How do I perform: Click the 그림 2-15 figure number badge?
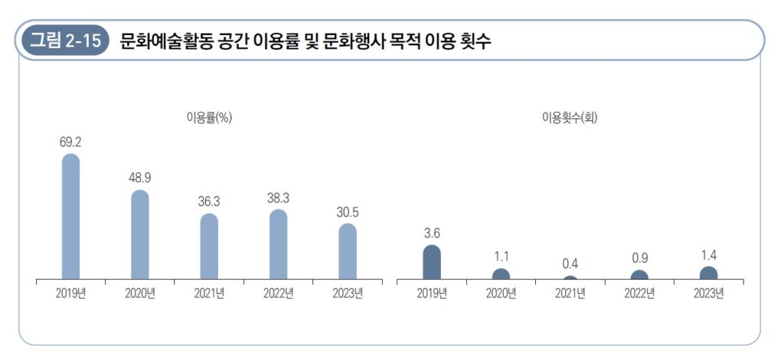(65, 41)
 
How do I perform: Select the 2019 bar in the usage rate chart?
(70, 217)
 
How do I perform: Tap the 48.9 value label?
(140, 178)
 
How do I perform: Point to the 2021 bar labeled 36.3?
(209, 247)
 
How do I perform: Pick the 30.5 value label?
(348, 211)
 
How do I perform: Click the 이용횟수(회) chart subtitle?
(570, 117)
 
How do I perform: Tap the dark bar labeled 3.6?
(432, 263)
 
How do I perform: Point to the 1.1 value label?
(501, 257)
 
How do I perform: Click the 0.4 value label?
(570, 263)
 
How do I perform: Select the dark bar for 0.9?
(639, 275)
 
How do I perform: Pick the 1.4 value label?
(708, 255)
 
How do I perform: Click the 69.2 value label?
(70, 142)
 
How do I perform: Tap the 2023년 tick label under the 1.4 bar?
(708, 293)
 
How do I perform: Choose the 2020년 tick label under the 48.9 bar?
(140, 293)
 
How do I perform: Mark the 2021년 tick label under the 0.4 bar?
(570, 293)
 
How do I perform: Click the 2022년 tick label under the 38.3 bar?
(279, 293)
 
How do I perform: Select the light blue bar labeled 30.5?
(348, 251)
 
